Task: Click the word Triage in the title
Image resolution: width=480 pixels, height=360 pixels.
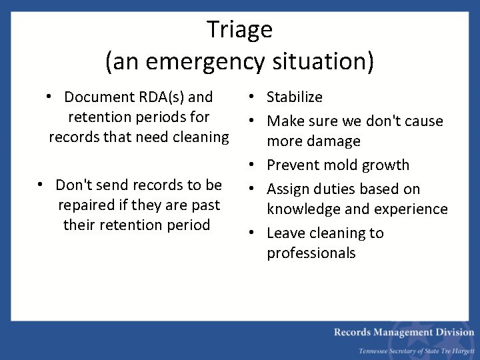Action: point(239,29)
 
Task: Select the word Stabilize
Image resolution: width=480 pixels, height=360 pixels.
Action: point(294,97)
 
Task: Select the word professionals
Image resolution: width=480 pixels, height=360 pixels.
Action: point(311,253)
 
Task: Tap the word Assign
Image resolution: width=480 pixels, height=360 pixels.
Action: point(288,189)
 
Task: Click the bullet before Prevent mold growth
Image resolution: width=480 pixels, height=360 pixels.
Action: point(257,165)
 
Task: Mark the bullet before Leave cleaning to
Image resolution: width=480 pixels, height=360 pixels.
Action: point(257,233)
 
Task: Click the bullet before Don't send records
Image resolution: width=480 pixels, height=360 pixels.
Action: point(41,185)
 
